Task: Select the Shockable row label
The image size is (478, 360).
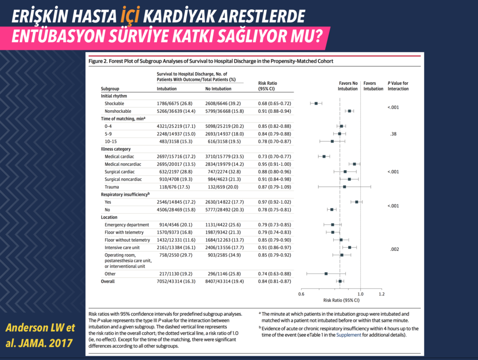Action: pos(114,104)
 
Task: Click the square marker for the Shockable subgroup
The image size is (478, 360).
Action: pos(316,104)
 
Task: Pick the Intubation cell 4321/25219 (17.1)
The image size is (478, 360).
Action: pos(176,126)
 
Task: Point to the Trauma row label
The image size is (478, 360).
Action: pos(112,187)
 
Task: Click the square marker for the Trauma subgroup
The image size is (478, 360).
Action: pos(344,187)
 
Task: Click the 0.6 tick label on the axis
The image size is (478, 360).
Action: pos(301,294)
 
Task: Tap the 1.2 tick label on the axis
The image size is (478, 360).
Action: pos(382,294)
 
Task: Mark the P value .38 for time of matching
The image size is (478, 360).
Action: pos(393,134)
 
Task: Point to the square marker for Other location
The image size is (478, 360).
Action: pos(326,274)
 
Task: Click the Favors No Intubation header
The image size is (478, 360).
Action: pos(348,86)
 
